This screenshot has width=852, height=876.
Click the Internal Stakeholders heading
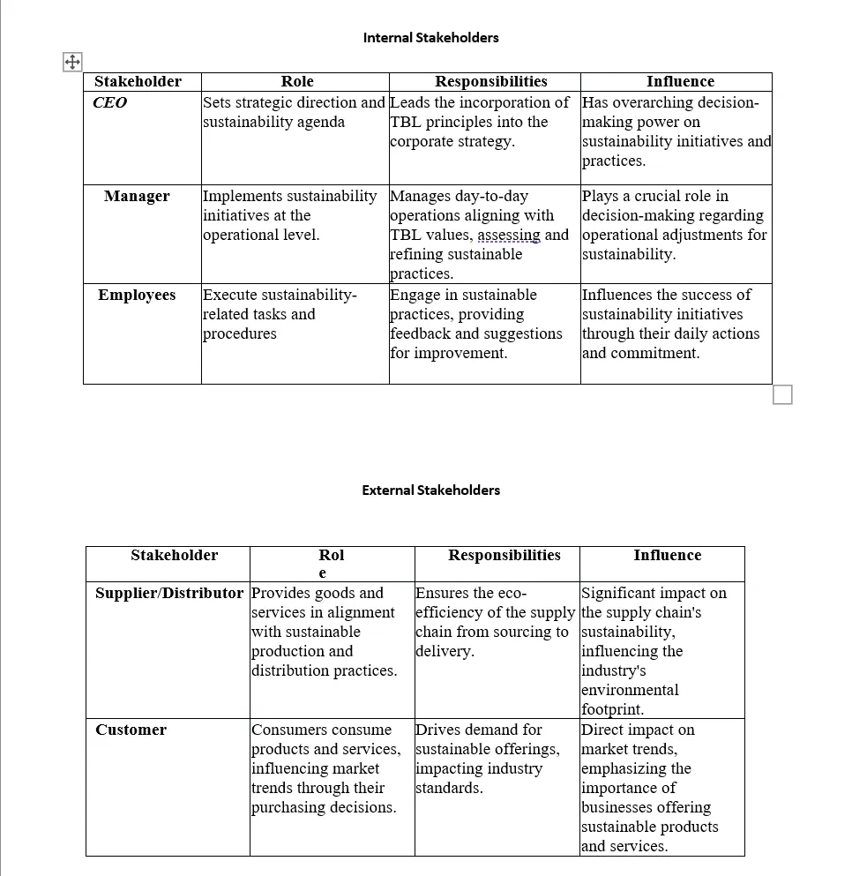(430, 38)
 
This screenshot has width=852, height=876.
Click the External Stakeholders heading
(430, 490)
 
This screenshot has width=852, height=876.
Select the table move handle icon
(71, 62)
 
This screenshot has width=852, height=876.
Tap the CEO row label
(110, 102)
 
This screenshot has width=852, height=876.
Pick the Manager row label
(137, 196)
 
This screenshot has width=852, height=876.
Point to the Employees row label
(137, 295)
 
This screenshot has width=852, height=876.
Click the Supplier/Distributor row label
(169, 593)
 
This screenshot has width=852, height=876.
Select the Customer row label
(131, 730)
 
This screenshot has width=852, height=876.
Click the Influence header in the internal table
(680, 81)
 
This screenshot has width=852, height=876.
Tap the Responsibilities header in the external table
(504, 555)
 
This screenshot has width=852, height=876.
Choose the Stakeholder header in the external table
(174, 555)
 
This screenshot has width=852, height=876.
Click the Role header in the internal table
(297, 81)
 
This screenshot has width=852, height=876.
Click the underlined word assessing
(509, 235)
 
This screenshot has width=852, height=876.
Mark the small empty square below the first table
(782, 394)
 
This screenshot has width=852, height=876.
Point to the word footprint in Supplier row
(611, 709)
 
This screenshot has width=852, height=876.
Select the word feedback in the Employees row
(422, 333)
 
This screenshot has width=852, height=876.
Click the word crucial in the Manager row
(657, 196)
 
